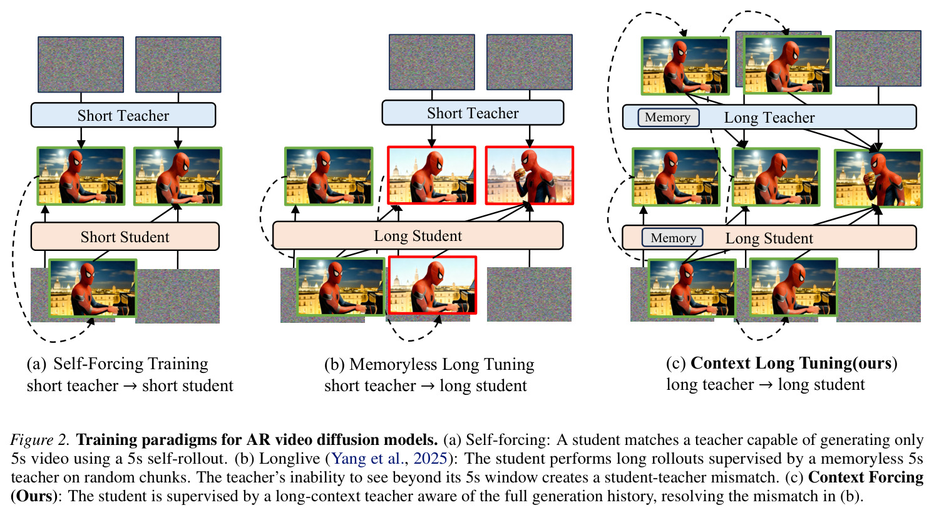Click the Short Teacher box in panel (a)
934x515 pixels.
[x=123, y=115]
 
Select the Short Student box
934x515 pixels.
[x=125, y=237]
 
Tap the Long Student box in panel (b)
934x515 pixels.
[x=418, y=235]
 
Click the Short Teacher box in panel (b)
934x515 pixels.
[x=473, y=113]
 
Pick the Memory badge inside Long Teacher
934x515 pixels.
[x=669, y=117]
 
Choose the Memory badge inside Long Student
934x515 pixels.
[x=672, y=238]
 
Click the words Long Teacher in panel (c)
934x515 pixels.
[x=769, y=118]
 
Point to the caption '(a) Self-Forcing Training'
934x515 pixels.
[x=117, y=364]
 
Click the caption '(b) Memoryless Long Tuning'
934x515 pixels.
[x=429, y=364]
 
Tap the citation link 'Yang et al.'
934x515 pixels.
[x=367, y=458]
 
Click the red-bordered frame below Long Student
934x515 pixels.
[x=433, y=285]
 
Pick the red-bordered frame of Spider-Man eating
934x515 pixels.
[x=530, y=175]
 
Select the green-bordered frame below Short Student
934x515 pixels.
[x=93, y=288]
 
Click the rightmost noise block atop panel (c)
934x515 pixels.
[x=878, y=58]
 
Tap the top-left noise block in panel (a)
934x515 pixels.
[x=81, y=64]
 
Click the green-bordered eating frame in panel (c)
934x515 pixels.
[x=878, y=178]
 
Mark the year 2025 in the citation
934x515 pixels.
[x=430, y=458]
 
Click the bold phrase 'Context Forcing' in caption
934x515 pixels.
[x=866, y=477]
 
